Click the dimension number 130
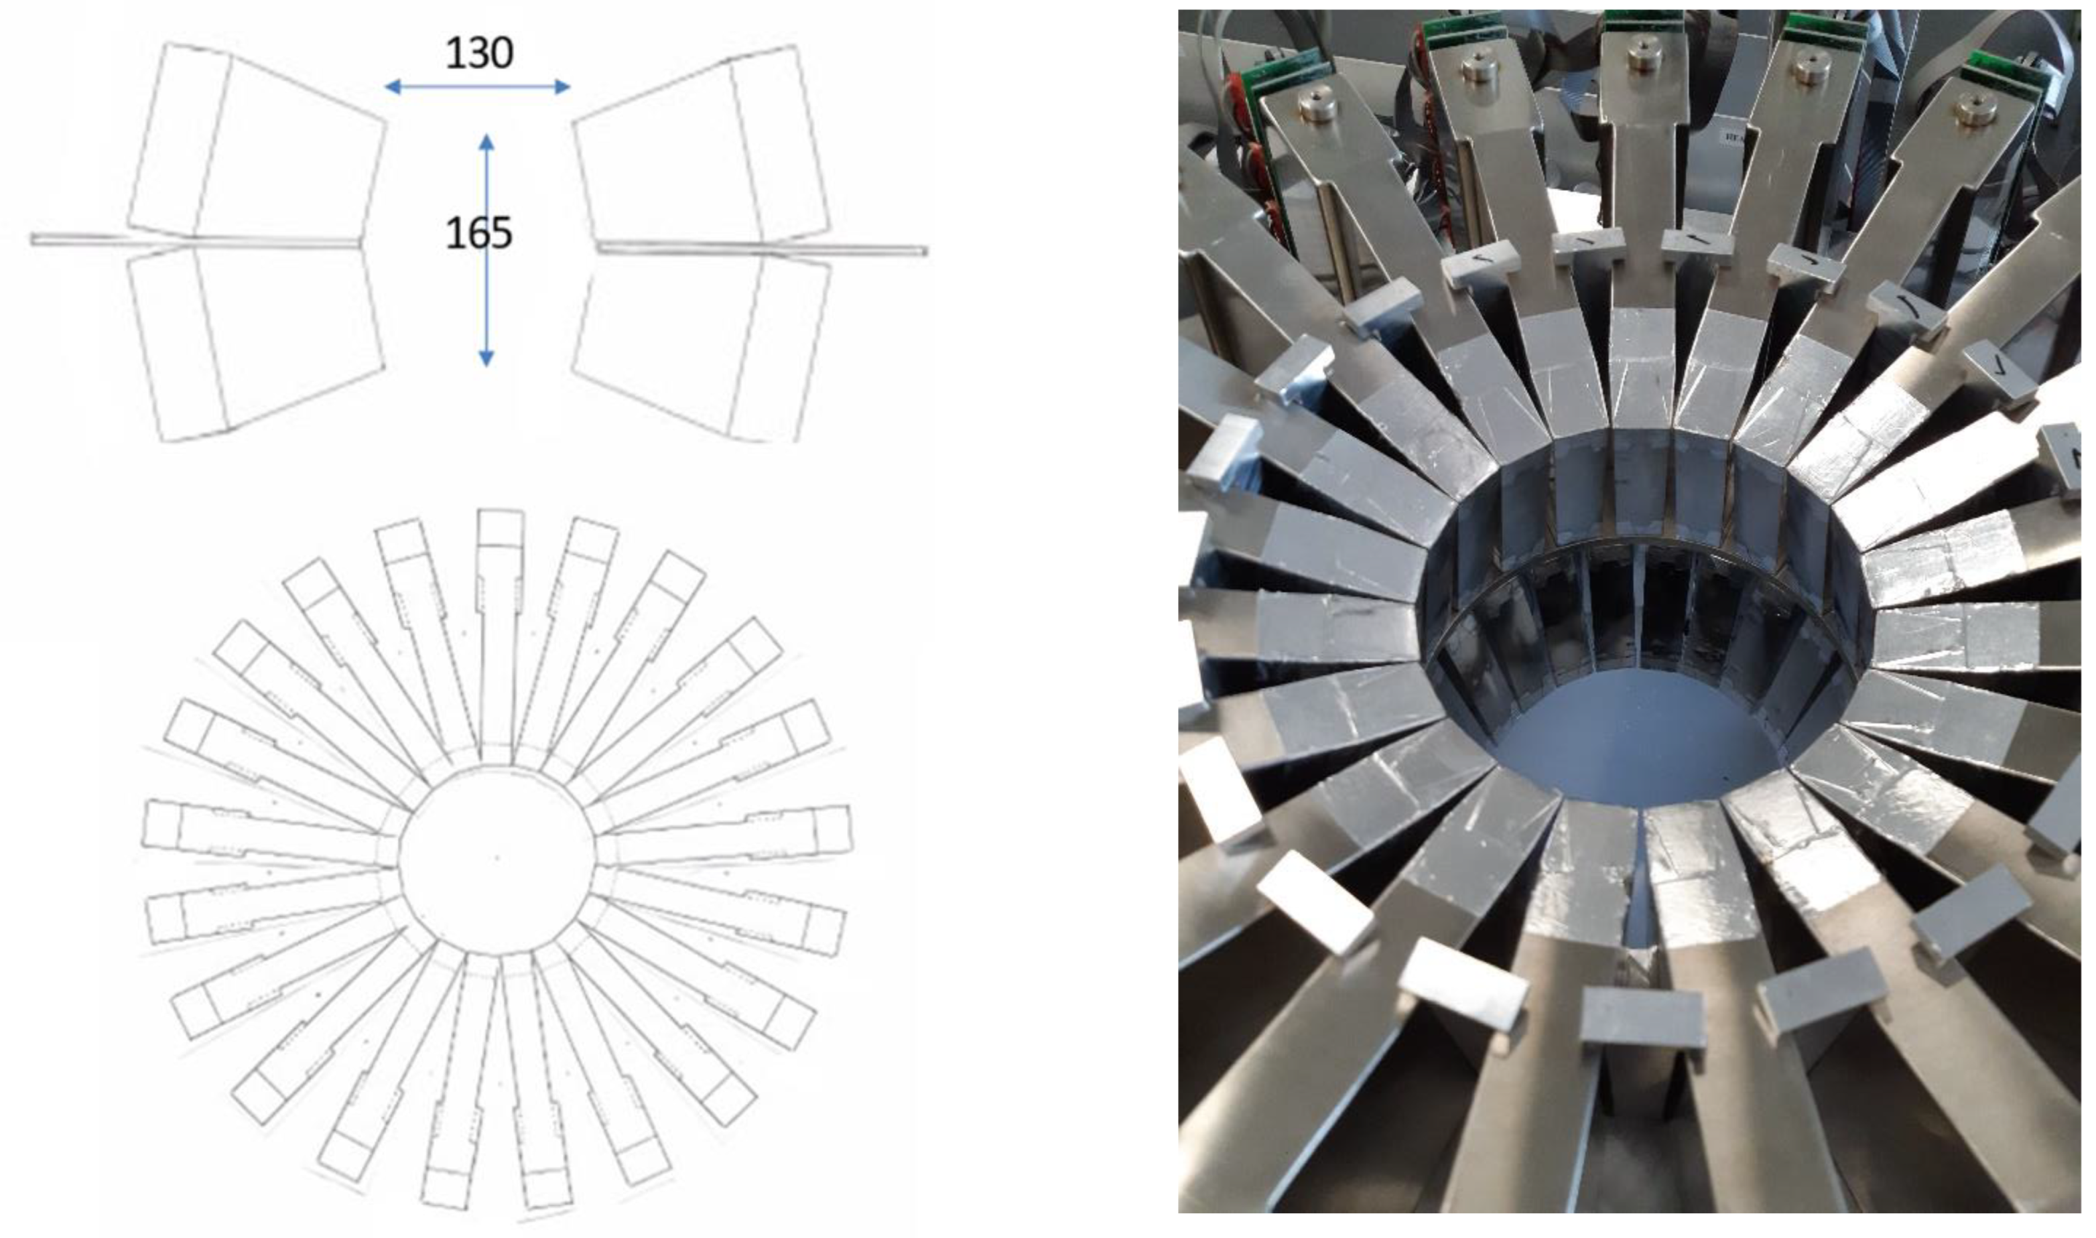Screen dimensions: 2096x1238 click(479, 54)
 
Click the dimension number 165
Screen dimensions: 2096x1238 click(479, 234)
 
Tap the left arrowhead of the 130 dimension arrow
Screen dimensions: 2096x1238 click(392, 86)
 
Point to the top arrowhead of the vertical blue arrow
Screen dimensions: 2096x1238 click(486, 142)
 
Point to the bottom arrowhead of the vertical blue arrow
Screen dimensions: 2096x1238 click(486, 358)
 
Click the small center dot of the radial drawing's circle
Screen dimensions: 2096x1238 click(497, 857)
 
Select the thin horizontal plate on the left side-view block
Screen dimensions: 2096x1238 click(196, 240)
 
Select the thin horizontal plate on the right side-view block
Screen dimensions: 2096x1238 click(761, 248)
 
